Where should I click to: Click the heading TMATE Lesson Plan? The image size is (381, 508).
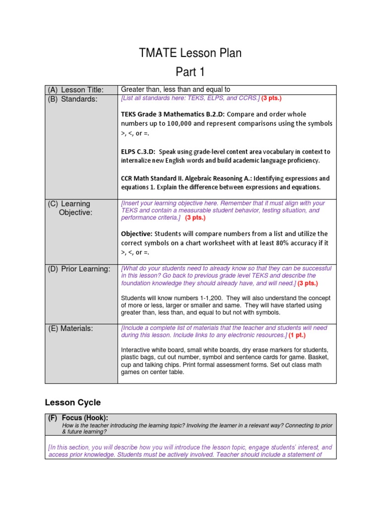pos(190,53)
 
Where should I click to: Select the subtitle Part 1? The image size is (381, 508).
pos(190,72)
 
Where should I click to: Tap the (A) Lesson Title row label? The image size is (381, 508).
pos(75,90)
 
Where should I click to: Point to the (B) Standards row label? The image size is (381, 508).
pos(73,99)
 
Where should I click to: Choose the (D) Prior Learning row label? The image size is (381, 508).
pos(79,269)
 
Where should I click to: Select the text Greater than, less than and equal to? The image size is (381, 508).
pos(176,89)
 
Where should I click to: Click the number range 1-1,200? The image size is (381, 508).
pos(191,298)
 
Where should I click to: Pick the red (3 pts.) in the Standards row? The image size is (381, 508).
pos(271,98)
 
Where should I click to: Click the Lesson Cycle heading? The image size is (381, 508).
pos(72,402)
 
